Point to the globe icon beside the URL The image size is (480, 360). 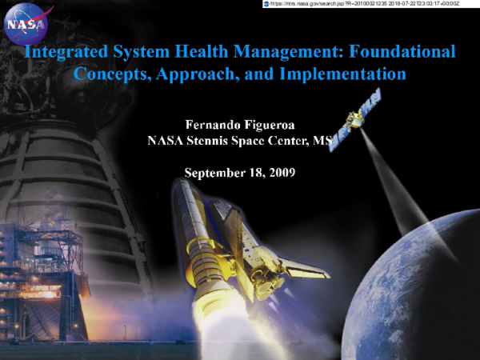click(x=266, y=4)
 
